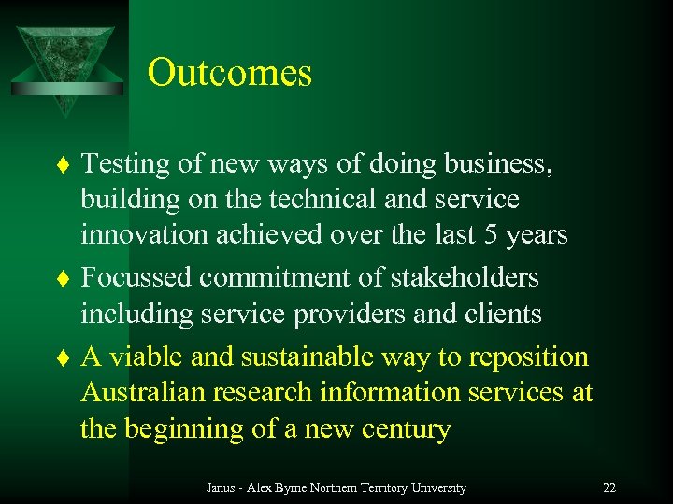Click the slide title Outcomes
tap(229, 73)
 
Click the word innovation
tap(145, 234)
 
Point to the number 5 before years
tap(488, 234)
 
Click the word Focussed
tap(136, 277)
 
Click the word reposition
tap(529, 357)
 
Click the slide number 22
tap(609, 488)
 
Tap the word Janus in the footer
tap(221, 488)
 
